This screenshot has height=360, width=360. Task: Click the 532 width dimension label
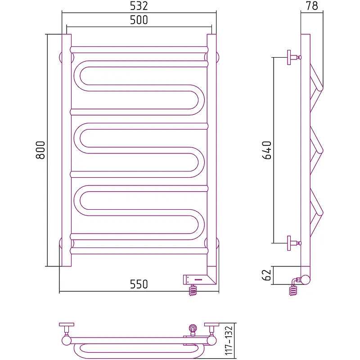click(139, 6)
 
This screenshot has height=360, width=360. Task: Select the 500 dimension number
click(139, 20)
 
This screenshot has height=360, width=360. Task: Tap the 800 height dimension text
click(40, 150)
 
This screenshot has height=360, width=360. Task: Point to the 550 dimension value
click(139, 284)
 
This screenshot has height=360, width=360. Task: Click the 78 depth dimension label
click(312, 6)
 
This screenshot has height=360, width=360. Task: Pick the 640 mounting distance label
click(267, 150)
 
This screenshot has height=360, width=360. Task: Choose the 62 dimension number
click(266, 275)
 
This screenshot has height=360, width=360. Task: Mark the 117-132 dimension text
click(229, 341)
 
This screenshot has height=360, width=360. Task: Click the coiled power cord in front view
click(193, 290)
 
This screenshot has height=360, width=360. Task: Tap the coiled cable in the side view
click(293, 290)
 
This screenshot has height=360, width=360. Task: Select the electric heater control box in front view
click(199, 279)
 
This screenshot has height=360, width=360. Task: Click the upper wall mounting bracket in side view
click(294, 58)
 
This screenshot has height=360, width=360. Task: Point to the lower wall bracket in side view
click(294, 243)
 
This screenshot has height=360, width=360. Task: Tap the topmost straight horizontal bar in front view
click(139, 50)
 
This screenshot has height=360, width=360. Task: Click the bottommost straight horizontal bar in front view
click(139, 251)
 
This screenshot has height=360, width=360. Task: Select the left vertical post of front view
click(67, 150)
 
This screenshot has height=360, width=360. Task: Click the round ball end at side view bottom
click(306, 279)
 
